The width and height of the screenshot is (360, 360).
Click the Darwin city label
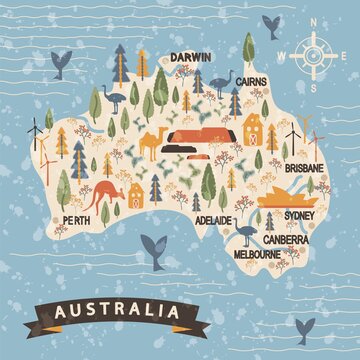coord(189,58)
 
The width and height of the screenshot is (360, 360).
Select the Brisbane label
coord(304,170)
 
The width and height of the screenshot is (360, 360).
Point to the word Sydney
coord(300,215)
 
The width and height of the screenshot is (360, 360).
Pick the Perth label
coord(77,218)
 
